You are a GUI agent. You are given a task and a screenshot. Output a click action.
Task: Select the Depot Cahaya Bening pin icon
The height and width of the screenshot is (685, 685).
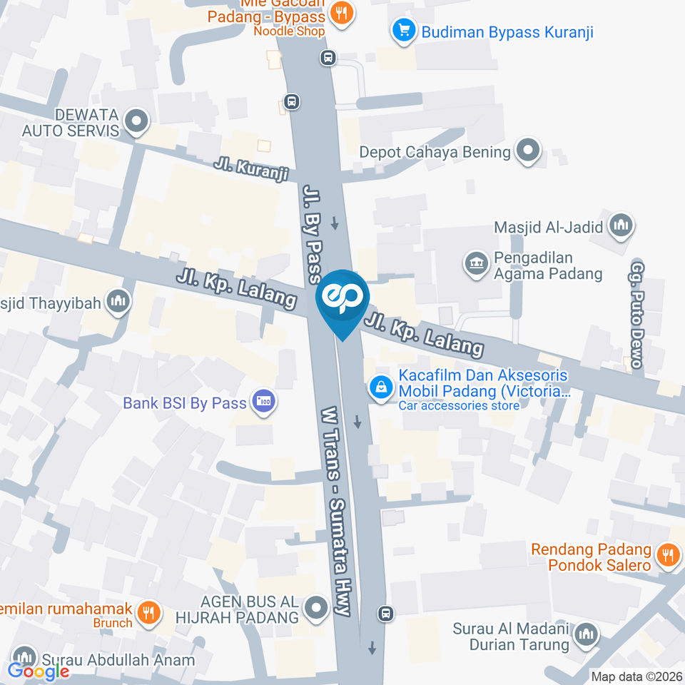529,151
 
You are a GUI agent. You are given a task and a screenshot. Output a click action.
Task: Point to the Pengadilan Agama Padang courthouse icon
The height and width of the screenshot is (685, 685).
475,263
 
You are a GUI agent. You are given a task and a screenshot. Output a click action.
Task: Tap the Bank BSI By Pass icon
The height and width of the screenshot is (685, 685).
265,402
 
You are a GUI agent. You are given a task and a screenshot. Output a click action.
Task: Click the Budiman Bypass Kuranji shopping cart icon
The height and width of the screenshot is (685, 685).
404,31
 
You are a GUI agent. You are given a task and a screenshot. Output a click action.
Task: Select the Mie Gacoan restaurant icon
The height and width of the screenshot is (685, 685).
342,12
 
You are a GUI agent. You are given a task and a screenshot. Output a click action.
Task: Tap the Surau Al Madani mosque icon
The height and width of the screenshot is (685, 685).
587,634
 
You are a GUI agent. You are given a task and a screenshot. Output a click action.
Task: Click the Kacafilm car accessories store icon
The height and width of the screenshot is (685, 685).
382,387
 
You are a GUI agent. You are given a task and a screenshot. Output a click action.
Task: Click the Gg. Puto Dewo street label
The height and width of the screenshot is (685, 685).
636,314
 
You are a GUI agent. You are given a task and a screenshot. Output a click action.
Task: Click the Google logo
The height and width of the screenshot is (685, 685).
39,671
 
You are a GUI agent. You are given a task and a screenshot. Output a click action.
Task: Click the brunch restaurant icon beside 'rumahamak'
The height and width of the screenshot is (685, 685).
149,611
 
